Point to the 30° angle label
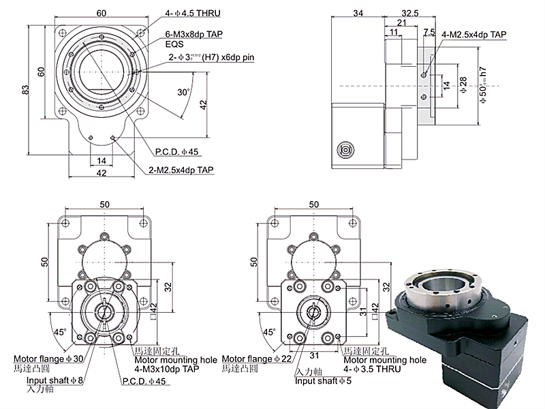click(182, 91)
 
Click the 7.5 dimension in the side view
click(429, 32)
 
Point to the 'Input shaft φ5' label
click(324, 380)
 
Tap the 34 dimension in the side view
click(358, 13)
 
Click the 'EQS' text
click(174, 45)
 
